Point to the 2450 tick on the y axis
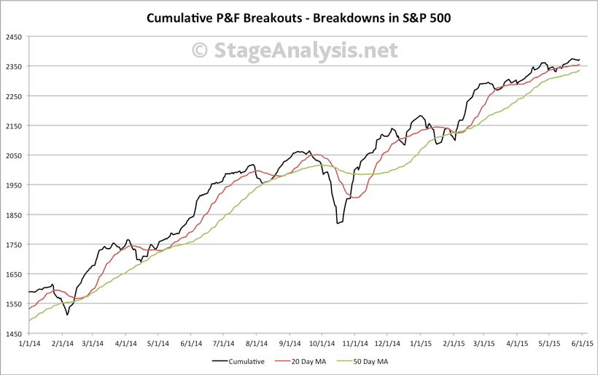point(12,36)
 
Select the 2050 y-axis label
point(12,155)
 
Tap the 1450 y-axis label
point(12,333)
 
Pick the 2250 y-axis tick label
point(12,96)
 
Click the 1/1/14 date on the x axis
point(30,342)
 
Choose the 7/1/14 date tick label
point(223,342)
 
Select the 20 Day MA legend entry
point(301,360)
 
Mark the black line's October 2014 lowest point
point(337,223)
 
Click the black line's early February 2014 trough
point(67,314)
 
